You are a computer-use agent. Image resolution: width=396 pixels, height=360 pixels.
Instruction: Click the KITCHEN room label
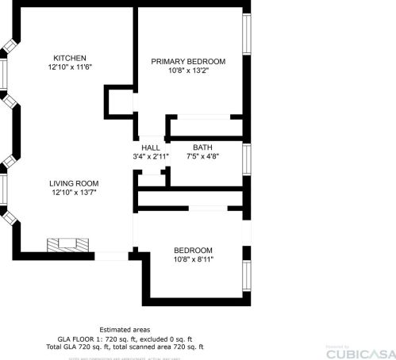tap(70, 58)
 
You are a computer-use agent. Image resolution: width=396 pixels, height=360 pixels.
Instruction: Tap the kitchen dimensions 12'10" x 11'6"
tap(70, 68)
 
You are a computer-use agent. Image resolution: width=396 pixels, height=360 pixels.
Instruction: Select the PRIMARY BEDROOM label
tap(188, 62)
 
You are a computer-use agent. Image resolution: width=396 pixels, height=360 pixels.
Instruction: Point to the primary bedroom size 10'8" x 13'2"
tap(188, 71)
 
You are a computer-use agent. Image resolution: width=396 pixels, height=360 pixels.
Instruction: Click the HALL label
tap(151, 148)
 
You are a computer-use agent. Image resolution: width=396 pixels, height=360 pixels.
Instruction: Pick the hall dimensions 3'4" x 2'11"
tap(151, 157)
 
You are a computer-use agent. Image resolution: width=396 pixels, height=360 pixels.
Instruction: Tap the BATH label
tap(202, 147)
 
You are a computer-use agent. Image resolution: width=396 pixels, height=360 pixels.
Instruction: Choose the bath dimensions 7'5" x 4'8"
tap(202, 157)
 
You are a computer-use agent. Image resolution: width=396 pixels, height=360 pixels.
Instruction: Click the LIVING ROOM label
tap(75, 182)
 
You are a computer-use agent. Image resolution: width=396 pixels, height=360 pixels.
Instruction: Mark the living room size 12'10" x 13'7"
tap(75, 192)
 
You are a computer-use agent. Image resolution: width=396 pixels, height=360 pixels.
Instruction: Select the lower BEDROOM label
tap(194, 250)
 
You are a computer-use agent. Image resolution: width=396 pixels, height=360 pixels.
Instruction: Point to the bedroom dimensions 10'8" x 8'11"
tap(194, 259)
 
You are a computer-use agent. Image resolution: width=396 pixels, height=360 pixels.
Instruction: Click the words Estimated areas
tap(125, 330)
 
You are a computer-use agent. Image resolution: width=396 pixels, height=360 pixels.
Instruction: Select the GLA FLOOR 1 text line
tap(125, 339)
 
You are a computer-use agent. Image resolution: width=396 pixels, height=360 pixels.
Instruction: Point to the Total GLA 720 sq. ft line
tap(125, 347)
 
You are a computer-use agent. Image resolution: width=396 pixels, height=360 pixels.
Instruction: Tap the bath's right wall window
tap(247, 159)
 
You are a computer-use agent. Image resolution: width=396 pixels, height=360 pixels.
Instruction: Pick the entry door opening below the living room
tap(111, 255)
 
